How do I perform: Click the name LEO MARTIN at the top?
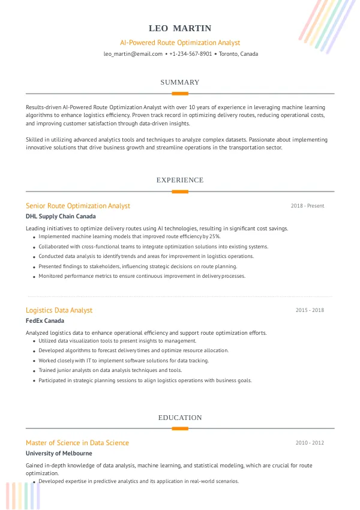tap(180, 28)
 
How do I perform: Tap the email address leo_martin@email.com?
tap(133, 54)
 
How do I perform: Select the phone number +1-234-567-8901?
tap(191, 54)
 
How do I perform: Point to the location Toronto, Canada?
tap(238, 54)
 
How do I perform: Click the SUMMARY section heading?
tap(180, 82)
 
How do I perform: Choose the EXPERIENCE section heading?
tap(180, 180)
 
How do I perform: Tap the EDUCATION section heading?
tap(180, 418)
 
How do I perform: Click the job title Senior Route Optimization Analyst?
tap(78, 206)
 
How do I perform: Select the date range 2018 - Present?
tap(307, 206)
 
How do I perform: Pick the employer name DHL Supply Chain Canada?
tap(61, 217)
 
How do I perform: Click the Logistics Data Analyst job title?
tap(59, 310)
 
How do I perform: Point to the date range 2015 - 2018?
tap(310, 310)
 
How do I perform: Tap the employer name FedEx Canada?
tap(45, 321)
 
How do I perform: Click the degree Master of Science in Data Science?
tap(77, 443)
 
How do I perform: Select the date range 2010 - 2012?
tap(310, 443)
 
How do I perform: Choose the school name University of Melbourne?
tap(59, 454)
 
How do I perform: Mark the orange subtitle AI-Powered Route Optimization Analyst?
tap(180, 43)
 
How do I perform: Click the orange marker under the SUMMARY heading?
tap(180, 94)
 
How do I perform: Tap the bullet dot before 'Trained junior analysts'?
tap(34, 371)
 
